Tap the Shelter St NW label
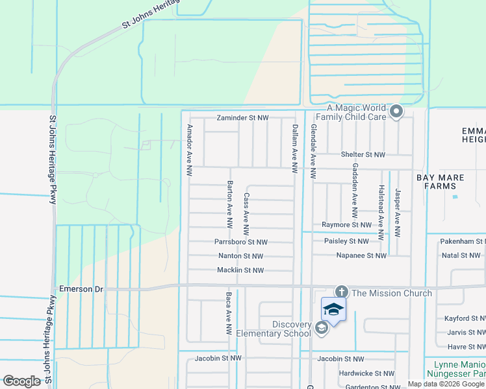(363, 155)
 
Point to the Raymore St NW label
(346, 225)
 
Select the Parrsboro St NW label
(240, 242)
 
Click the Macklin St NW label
(240, 270)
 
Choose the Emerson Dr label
(81, 289)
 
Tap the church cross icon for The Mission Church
(341, 292)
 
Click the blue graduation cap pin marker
(333, 309)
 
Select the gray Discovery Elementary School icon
(321, 329)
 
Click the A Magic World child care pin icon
(396, 112)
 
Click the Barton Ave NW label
(229, 205)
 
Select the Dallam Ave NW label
(294, 149)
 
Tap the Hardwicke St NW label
(366, 373)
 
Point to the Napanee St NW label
(361, 256)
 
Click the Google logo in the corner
(21, 381)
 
